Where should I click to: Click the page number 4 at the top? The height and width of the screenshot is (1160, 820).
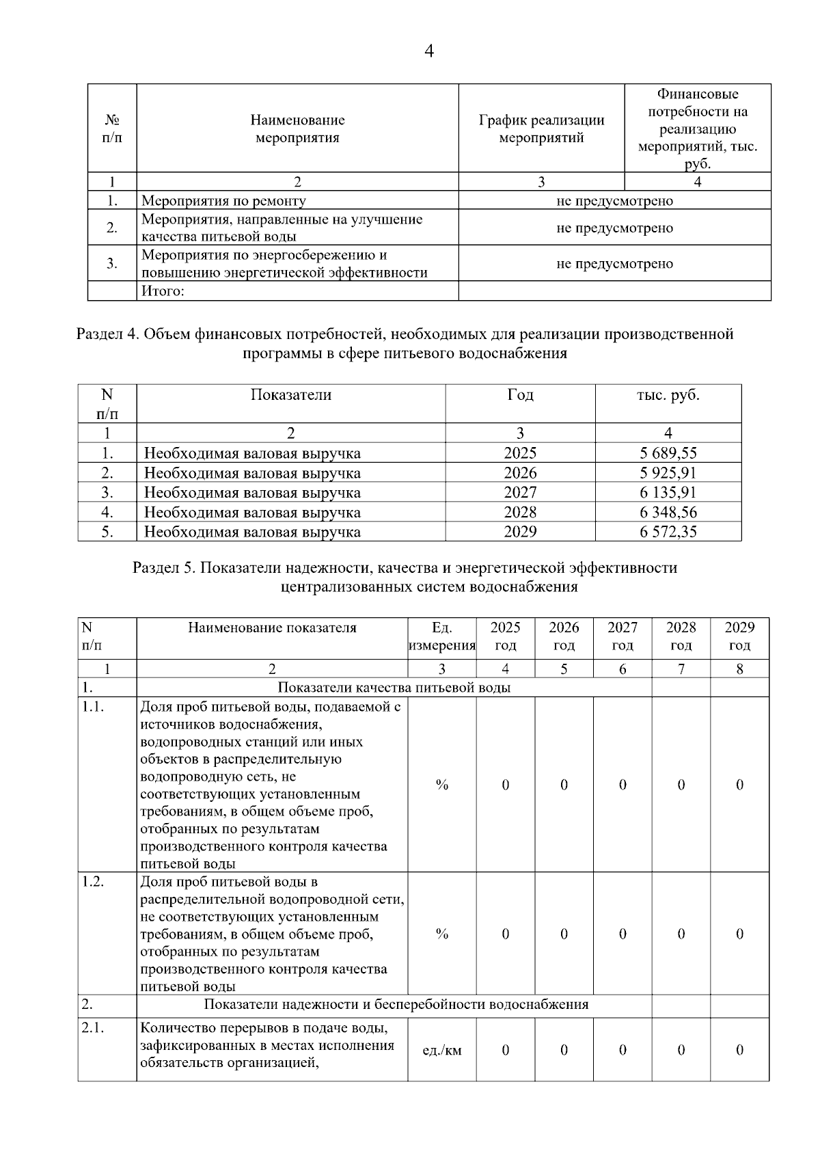(x=428, y=51)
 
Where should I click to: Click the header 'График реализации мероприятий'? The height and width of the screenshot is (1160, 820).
(x=541, y=129)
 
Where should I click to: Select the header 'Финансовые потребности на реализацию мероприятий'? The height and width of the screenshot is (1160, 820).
(x=697, y=129)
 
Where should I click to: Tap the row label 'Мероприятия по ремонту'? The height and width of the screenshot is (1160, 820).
(x=223, y=201)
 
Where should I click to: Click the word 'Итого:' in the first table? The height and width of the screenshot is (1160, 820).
(x=163, y=291)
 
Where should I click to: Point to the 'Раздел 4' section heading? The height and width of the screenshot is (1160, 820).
(x=405, y=343)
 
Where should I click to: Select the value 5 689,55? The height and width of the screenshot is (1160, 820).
(x=668, y=453)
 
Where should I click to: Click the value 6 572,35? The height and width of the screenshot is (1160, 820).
(x=668, y=532)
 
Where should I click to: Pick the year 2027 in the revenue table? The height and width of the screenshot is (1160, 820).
(x=520, y=492)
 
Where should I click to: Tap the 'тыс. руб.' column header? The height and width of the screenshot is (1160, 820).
(x=668, y=395)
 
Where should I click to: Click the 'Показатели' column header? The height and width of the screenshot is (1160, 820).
(x=290, y=395)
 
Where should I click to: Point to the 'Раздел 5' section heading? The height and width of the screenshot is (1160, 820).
(x=405, y=577)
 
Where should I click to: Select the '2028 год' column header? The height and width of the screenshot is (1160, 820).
(x=681, y=636)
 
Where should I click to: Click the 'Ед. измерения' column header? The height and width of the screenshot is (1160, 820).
(x=442, y=636)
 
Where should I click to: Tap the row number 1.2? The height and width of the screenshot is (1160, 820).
(x=93, y=882)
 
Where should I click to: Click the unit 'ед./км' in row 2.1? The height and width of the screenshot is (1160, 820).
(x=442, y=1051)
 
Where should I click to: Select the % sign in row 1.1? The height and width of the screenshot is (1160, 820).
(x=442, y=785)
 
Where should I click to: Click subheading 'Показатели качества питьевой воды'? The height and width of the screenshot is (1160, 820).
(x=394, y=688)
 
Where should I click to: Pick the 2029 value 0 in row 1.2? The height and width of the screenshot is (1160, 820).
(x=739, y=934)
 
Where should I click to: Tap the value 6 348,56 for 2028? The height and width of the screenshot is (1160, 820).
(x=668, y=512)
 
